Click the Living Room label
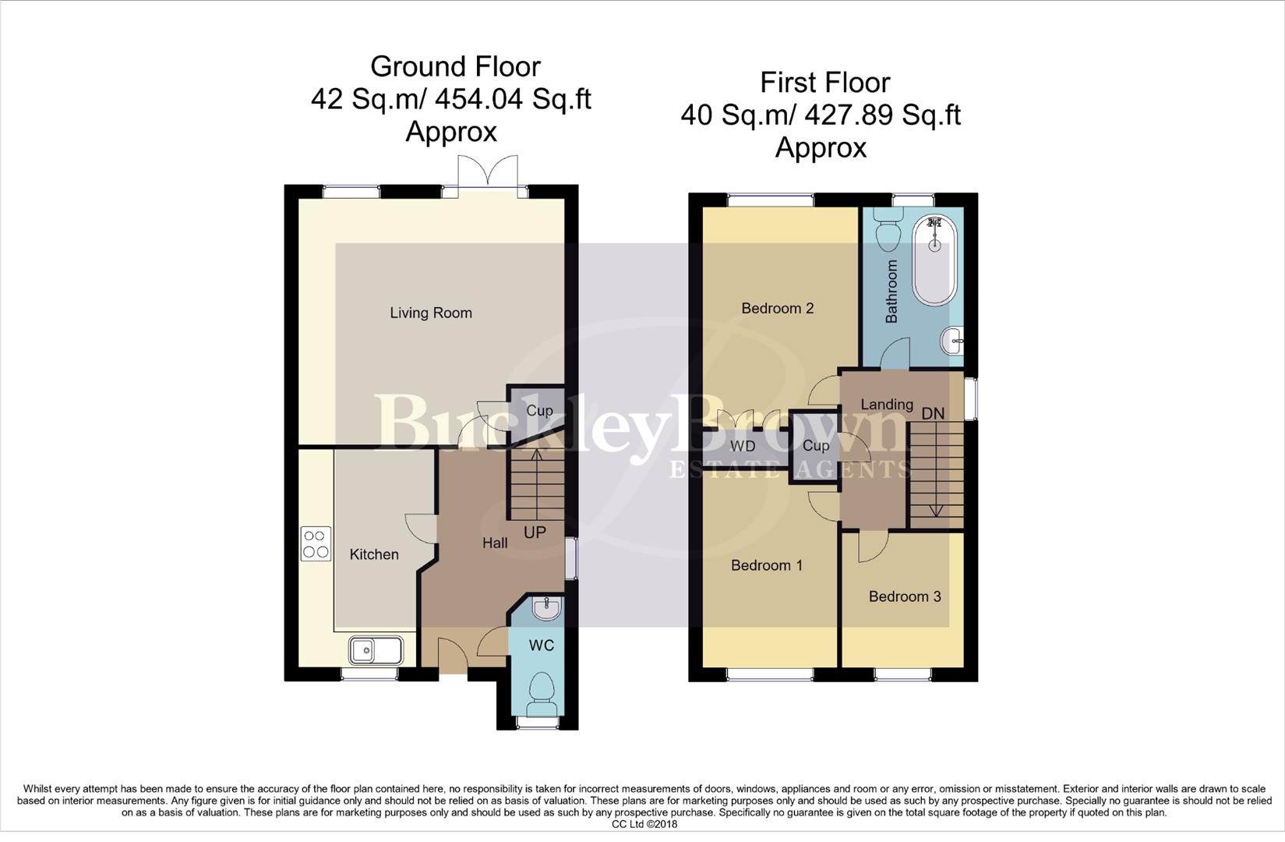(431, 313)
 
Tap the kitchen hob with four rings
(316, 543)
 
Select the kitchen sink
(376, 649)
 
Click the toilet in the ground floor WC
(542, 692)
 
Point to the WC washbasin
(546, 607)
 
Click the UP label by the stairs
(535, 532)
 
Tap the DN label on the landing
(933, 414)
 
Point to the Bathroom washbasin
(952, 341)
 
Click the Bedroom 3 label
(905, 596)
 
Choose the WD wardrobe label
(743, 446)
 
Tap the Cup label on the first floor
(816, 446)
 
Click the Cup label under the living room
(539, 411)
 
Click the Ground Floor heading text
(455, 67)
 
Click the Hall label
(495, 543)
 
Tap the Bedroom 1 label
(767, 565)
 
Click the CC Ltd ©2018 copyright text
(644, 824)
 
